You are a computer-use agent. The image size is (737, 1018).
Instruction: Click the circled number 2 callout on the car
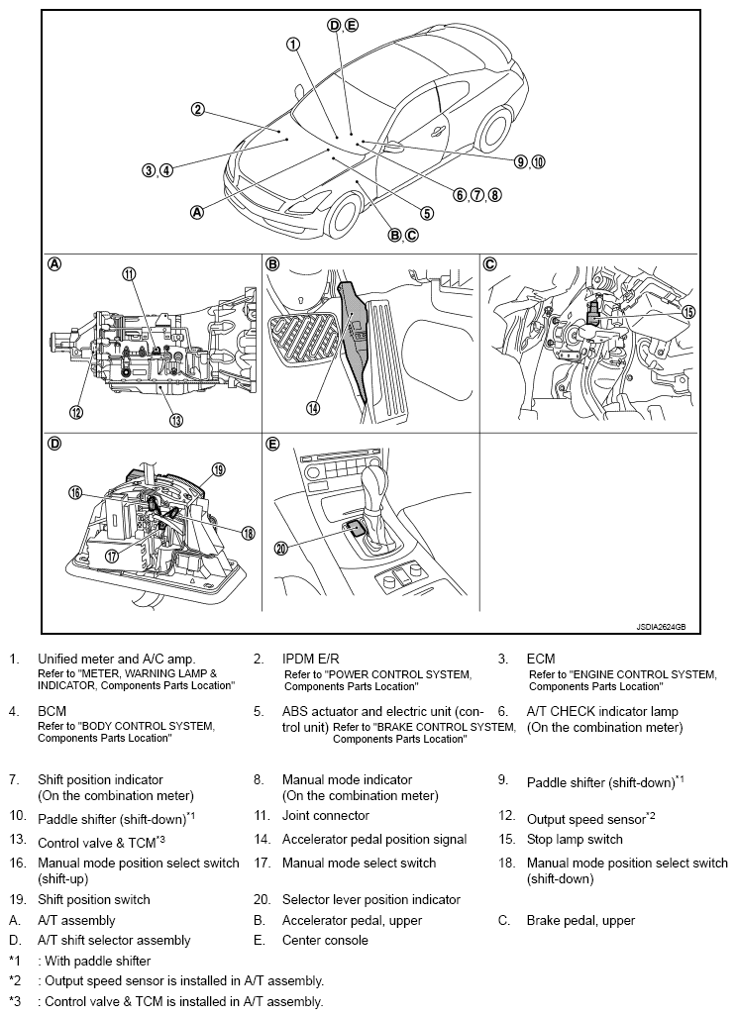tap(197, 109)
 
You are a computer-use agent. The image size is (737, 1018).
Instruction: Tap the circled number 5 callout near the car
tap(427, 213)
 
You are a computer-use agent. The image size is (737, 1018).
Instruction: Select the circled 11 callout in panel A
tap(129, 274)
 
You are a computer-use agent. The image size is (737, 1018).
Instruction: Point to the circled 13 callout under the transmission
tap(176, 420)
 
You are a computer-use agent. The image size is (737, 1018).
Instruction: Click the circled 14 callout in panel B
tap(313, 408)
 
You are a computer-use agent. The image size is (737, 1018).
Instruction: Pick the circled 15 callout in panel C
tap(687, 312)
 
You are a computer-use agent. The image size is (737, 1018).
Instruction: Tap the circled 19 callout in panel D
tap(218, 469)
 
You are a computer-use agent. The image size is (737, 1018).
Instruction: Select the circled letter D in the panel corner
tap(55, 444)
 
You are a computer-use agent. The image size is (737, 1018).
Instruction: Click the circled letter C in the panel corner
tap(490, 263)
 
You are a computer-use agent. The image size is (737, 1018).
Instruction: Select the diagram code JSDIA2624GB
tap(661, 627)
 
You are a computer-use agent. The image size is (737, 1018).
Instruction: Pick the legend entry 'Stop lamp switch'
tap(575, 840)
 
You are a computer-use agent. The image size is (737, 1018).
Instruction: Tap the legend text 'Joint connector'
tap(325, 815)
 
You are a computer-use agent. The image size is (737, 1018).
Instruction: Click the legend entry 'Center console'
tap(325, 940)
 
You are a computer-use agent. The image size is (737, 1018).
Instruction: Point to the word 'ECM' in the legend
tap(541, 659)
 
